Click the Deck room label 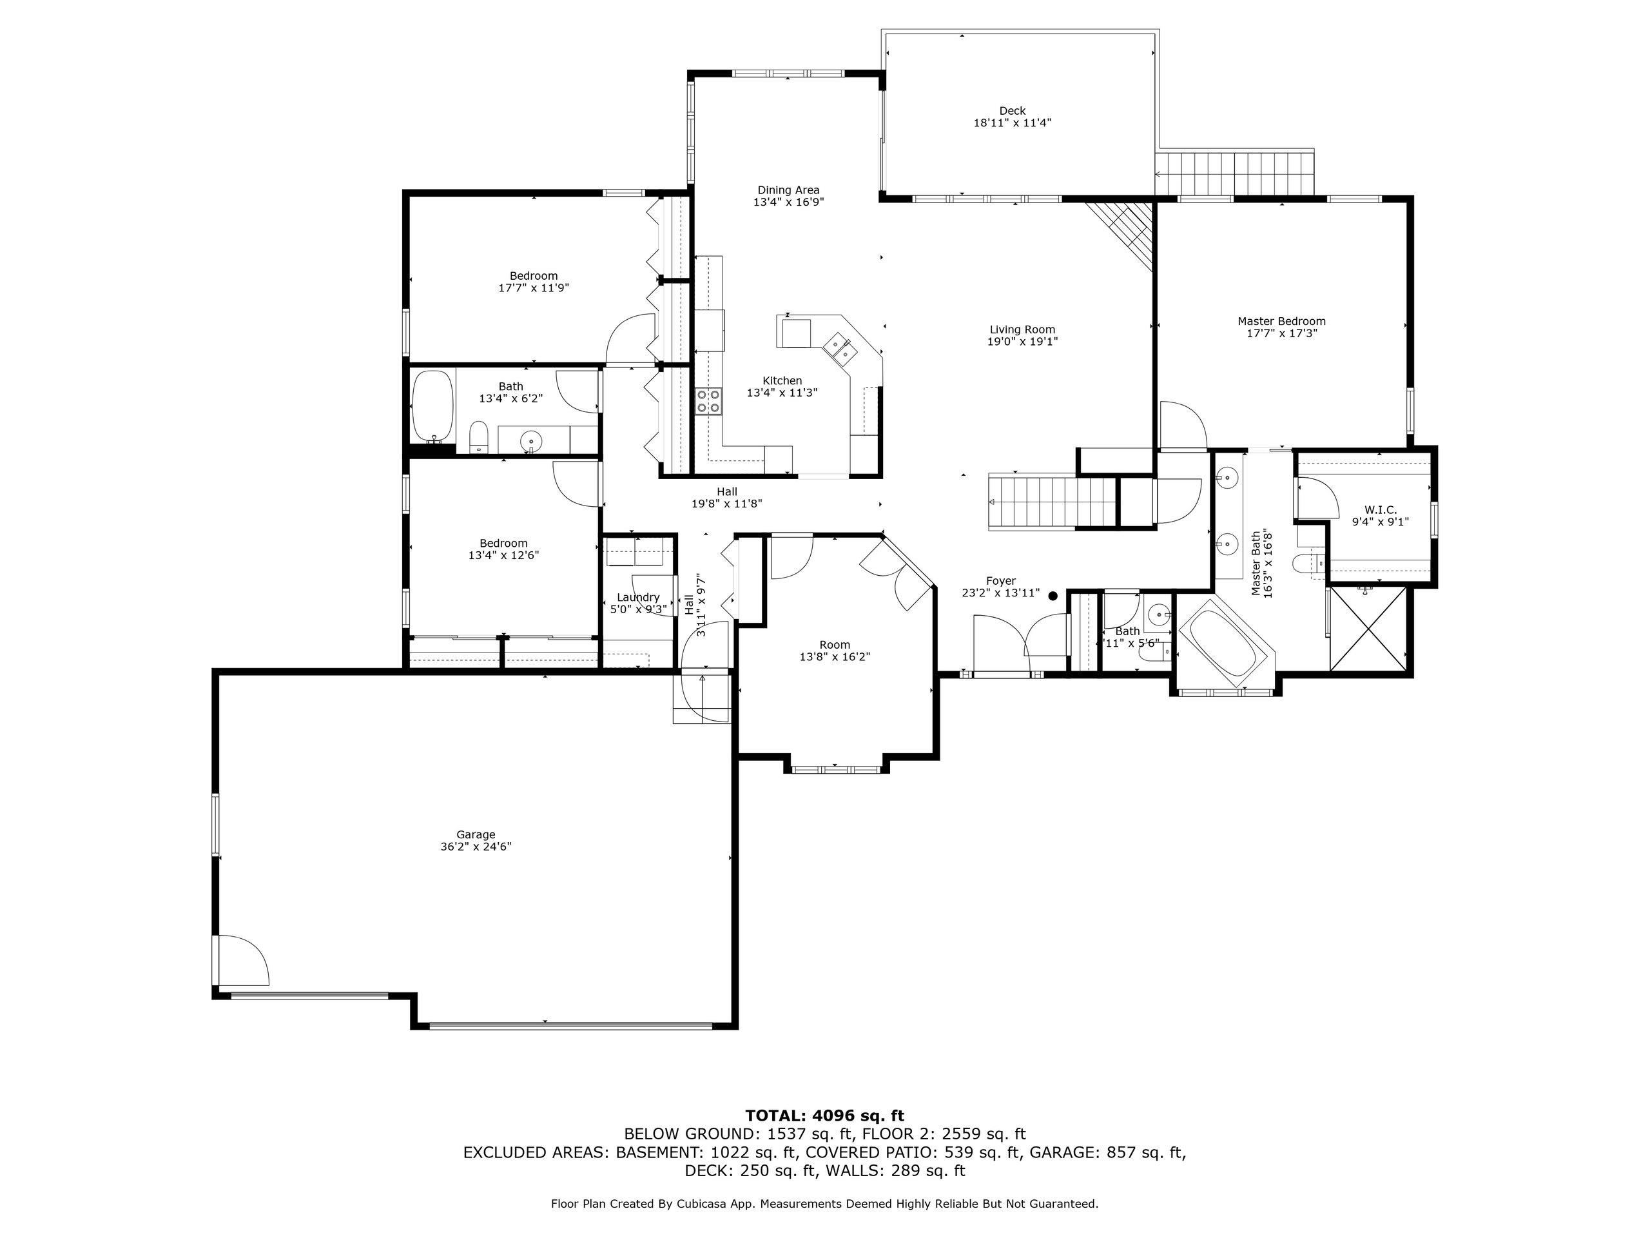tap(1012, 111)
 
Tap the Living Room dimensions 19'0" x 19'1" tap(1023, 342)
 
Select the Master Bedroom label tap(1281, 322)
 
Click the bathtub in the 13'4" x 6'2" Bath tap(432, 407)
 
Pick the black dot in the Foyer tap(1053, 596)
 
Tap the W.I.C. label tap(1381, 509)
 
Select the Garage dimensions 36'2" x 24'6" tap(476, 846)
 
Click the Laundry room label tap(639, 597)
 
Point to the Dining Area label tap(788, 190)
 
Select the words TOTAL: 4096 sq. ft tap(824, 1115)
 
